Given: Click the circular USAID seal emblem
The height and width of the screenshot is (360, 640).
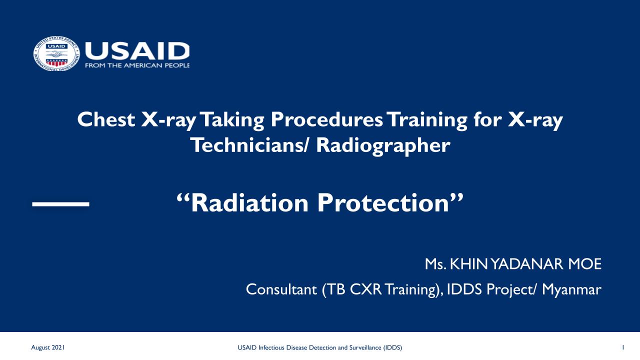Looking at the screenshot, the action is pos(56,53).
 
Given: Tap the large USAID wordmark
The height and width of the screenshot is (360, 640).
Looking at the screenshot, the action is pos(137,51).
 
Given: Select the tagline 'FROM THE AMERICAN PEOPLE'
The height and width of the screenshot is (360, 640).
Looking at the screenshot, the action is pos(137,65).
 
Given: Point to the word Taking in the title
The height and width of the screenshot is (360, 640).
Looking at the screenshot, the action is pos(232,120).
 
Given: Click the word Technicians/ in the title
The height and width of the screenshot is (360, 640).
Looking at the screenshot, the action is pos(249,145).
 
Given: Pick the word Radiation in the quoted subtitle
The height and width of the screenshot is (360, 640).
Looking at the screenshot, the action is pos(249,203).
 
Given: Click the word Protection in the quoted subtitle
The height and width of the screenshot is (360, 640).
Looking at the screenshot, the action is pos(383,203).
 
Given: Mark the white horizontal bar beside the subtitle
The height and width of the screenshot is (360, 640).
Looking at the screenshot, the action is pos(61,204).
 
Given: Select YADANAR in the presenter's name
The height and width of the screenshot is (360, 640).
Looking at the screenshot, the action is pos(527,264).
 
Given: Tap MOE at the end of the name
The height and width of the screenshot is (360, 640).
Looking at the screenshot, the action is pos(584,264).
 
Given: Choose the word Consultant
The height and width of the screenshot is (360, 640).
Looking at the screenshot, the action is pos(281,289).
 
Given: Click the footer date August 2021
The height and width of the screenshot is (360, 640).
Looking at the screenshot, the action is pos(47,347).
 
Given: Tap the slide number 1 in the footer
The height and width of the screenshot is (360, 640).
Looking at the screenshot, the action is pos(623,347).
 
